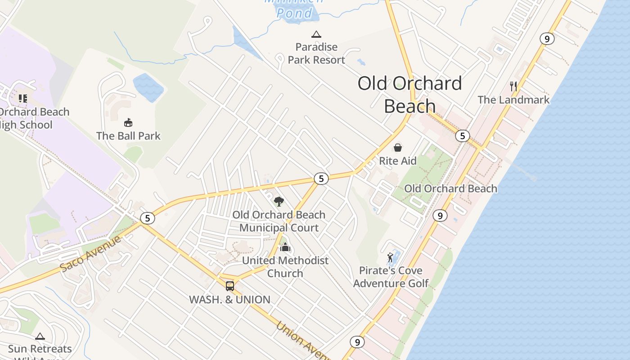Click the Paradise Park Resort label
coord(316,53)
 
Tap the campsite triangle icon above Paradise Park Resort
coord(316,34)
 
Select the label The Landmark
coord(513,99)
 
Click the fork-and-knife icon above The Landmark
coord(513,86)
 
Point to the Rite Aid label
coord(398,161)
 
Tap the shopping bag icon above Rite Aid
coord(398,148)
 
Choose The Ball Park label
coord(128,135)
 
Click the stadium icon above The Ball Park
coord(128,122)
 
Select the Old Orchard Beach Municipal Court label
coord(279,221)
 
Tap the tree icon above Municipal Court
coord(279,201)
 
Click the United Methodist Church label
coord(285,266)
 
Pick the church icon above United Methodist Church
coord(285,247)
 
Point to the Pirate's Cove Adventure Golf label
coord(391,277)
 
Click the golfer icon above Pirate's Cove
coord(390,257)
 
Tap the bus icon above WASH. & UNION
coord(230,286)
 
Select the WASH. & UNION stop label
coord(229,300)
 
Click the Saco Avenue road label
coord(90,253)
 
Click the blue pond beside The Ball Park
coord(148,87)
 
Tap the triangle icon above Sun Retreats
coord(40,336)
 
